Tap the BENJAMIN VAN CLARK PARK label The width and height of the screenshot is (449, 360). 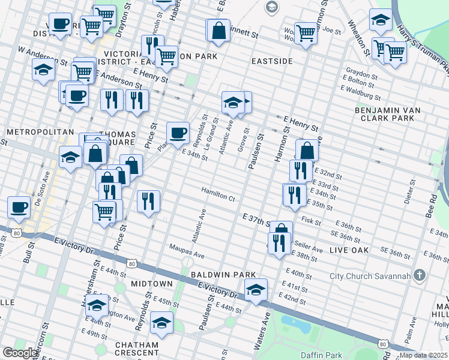tap(385, 114)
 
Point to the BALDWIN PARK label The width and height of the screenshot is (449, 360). tap(223, 274)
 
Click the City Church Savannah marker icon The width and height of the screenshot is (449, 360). tap(420, 276)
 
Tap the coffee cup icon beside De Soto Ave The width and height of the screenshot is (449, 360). tap(19, 206)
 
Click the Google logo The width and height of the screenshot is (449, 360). tap(20, 353)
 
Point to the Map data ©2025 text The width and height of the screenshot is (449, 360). tap(423, 355)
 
